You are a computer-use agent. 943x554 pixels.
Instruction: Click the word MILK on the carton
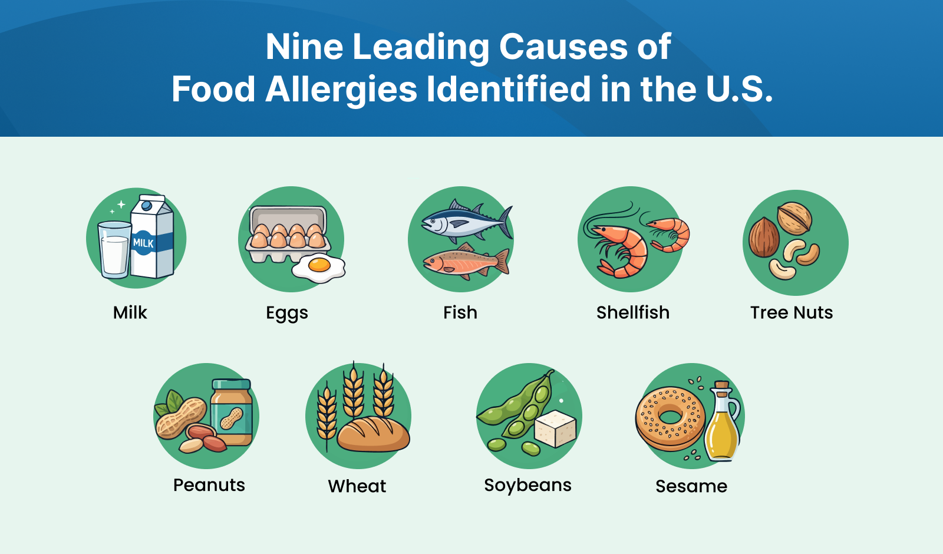[144, 243]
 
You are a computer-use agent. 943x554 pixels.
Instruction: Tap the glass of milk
[114, 250]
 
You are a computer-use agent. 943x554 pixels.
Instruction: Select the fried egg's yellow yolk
[319, 265]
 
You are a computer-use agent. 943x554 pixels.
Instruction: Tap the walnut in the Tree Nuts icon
[794, 217]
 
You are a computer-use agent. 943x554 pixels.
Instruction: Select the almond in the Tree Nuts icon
[764, 237]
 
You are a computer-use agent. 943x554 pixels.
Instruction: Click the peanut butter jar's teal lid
[232, 384]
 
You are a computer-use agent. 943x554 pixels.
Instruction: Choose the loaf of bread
[374, 434]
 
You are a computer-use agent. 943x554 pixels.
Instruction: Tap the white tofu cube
[555, 428]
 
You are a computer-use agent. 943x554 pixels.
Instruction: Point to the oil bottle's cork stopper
[722, 386]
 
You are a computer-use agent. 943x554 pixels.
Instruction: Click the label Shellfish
[633, 313]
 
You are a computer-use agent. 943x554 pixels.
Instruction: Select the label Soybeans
[528, 486]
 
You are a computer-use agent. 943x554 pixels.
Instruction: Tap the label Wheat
[357, 486]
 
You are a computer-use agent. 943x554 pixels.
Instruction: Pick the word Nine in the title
[304, 47]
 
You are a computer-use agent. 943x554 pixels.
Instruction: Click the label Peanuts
[209, 486]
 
